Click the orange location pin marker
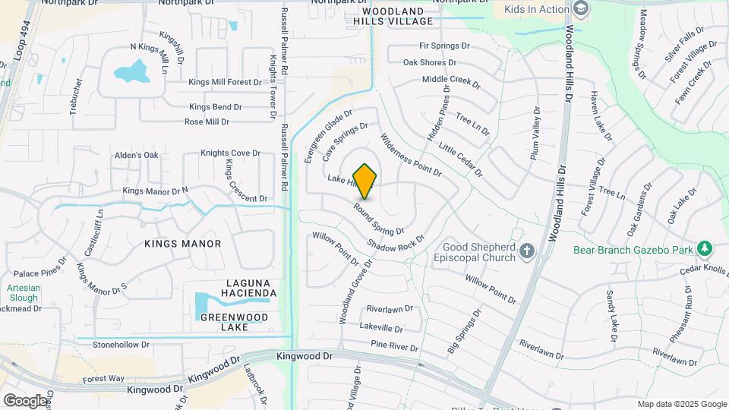coord(365,181)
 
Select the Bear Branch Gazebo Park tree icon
coord(705,248)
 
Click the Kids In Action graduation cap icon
coord(581,9)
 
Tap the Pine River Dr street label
coord(394,346)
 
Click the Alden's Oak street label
coord(137,156)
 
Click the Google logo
coord(25,400)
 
